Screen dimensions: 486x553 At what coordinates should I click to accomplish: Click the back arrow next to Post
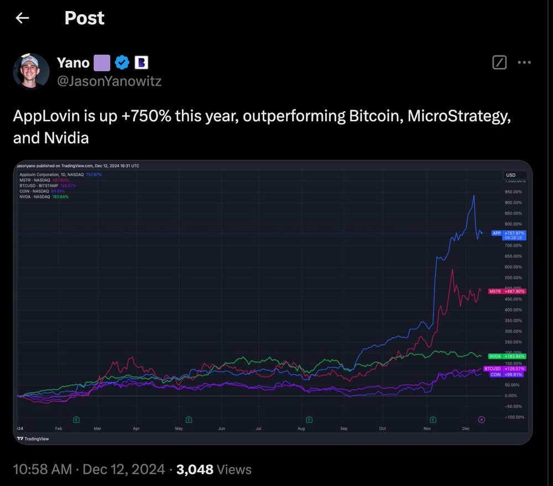click(22, 18)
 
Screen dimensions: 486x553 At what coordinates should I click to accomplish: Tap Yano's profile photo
click(31, 71)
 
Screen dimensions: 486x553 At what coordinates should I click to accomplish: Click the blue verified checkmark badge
click(122, 62)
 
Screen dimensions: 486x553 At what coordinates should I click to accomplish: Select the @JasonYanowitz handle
click(109, 81)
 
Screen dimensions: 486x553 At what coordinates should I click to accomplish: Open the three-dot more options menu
click(524, 63)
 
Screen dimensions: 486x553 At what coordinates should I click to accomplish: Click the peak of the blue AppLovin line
click(474, 195)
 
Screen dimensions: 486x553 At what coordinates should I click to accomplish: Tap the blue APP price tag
click(508, 233)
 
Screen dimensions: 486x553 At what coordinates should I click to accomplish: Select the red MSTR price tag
click(507, 291)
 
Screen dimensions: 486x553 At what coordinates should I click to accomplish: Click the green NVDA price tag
click(507, 357)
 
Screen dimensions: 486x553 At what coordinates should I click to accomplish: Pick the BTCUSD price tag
click(504, 368)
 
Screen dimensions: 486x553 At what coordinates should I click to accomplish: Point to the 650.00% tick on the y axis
click(514, 256)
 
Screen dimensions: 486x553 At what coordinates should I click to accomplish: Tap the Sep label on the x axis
click(343, 428)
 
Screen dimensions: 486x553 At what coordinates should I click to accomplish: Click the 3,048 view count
click(195, 469)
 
